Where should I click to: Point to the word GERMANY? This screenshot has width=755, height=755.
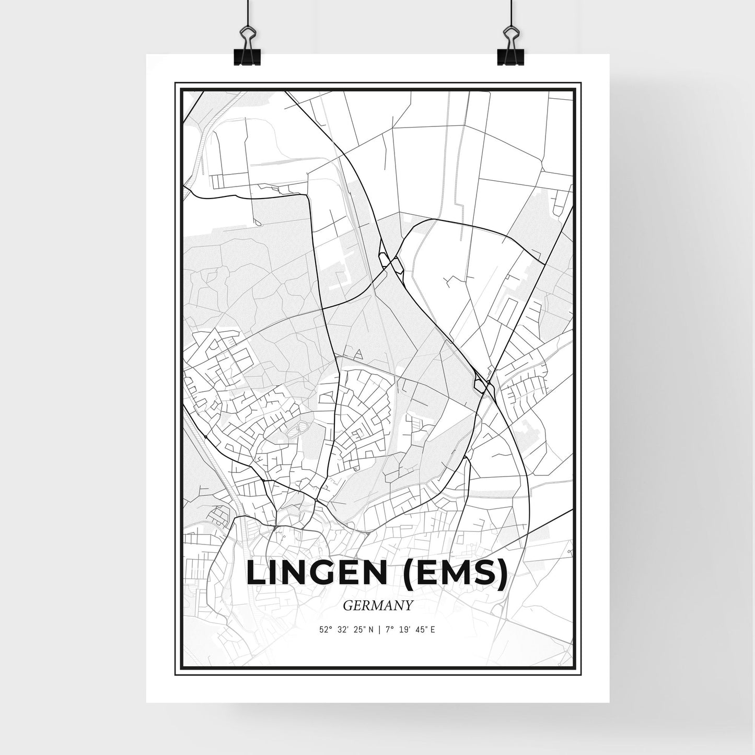(x=378, y=606)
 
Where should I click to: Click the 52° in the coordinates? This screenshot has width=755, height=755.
(x=326, y=630)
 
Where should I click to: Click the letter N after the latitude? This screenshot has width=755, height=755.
(x=370, y=630)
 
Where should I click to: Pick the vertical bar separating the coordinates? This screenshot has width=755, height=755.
(x=378, y=630)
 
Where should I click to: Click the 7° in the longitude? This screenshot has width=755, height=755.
(x=387, y=630)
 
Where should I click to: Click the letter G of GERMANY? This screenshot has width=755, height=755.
(x=348, y=606)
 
